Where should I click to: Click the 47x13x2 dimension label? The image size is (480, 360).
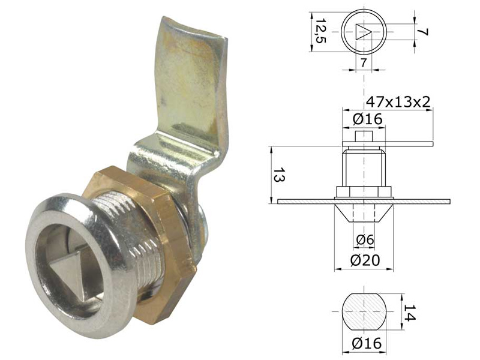398,101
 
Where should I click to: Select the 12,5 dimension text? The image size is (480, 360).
321,31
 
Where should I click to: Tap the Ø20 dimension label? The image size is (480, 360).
365,260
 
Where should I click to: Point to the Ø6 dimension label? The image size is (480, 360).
365,240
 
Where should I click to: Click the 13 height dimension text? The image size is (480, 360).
278,175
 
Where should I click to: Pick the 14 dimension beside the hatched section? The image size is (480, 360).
410,313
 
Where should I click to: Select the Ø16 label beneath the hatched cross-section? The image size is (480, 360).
367,343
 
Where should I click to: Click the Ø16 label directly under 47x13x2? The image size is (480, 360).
367,119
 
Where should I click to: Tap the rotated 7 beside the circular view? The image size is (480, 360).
422,32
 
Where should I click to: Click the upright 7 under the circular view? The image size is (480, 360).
364,62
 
